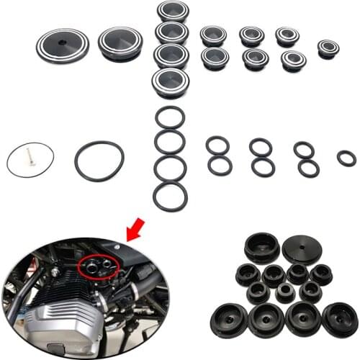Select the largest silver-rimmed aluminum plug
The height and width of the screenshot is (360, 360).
(x=63, y=46)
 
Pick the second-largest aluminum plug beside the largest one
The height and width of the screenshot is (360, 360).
(x=120, y=44)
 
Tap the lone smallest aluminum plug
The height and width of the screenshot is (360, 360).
(x=328, y=48)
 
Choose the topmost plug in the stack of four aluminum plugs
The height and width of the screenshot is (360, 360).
(x=173, y=11)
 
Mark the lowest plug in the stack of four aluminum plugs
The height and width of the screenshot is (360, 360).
(x=171, y=81)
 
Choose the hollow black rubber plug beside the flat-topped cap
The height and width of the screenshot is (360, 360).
(x=262, y=247)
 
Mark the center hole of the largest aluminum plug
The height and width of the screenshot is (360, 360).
(x=63, y=45)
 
